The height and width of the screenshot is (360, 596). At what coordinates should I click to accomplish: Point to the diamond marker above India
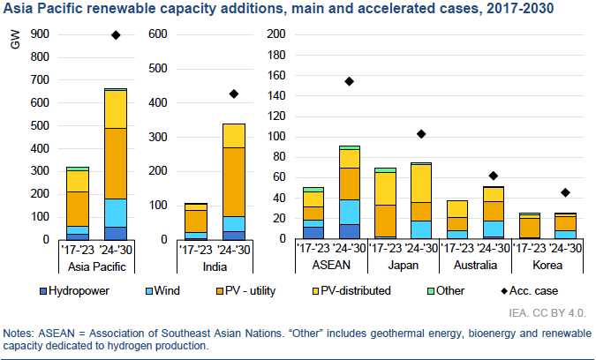234,94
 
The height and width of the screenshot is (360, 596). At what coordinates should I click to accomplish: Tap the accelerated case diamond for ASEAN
350,81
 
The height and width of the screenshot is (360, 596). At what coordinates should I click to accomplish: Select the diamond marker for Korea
565,192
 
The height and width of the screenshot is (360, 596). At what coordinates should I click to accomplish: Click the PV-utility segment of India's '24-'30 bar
233,182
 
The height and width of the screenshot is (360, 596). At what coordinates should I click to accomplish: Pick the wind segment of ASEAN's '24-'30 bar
350,212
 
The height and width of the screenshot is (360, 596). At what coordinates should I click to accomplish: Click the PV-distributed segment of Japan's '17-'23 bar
384,189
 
